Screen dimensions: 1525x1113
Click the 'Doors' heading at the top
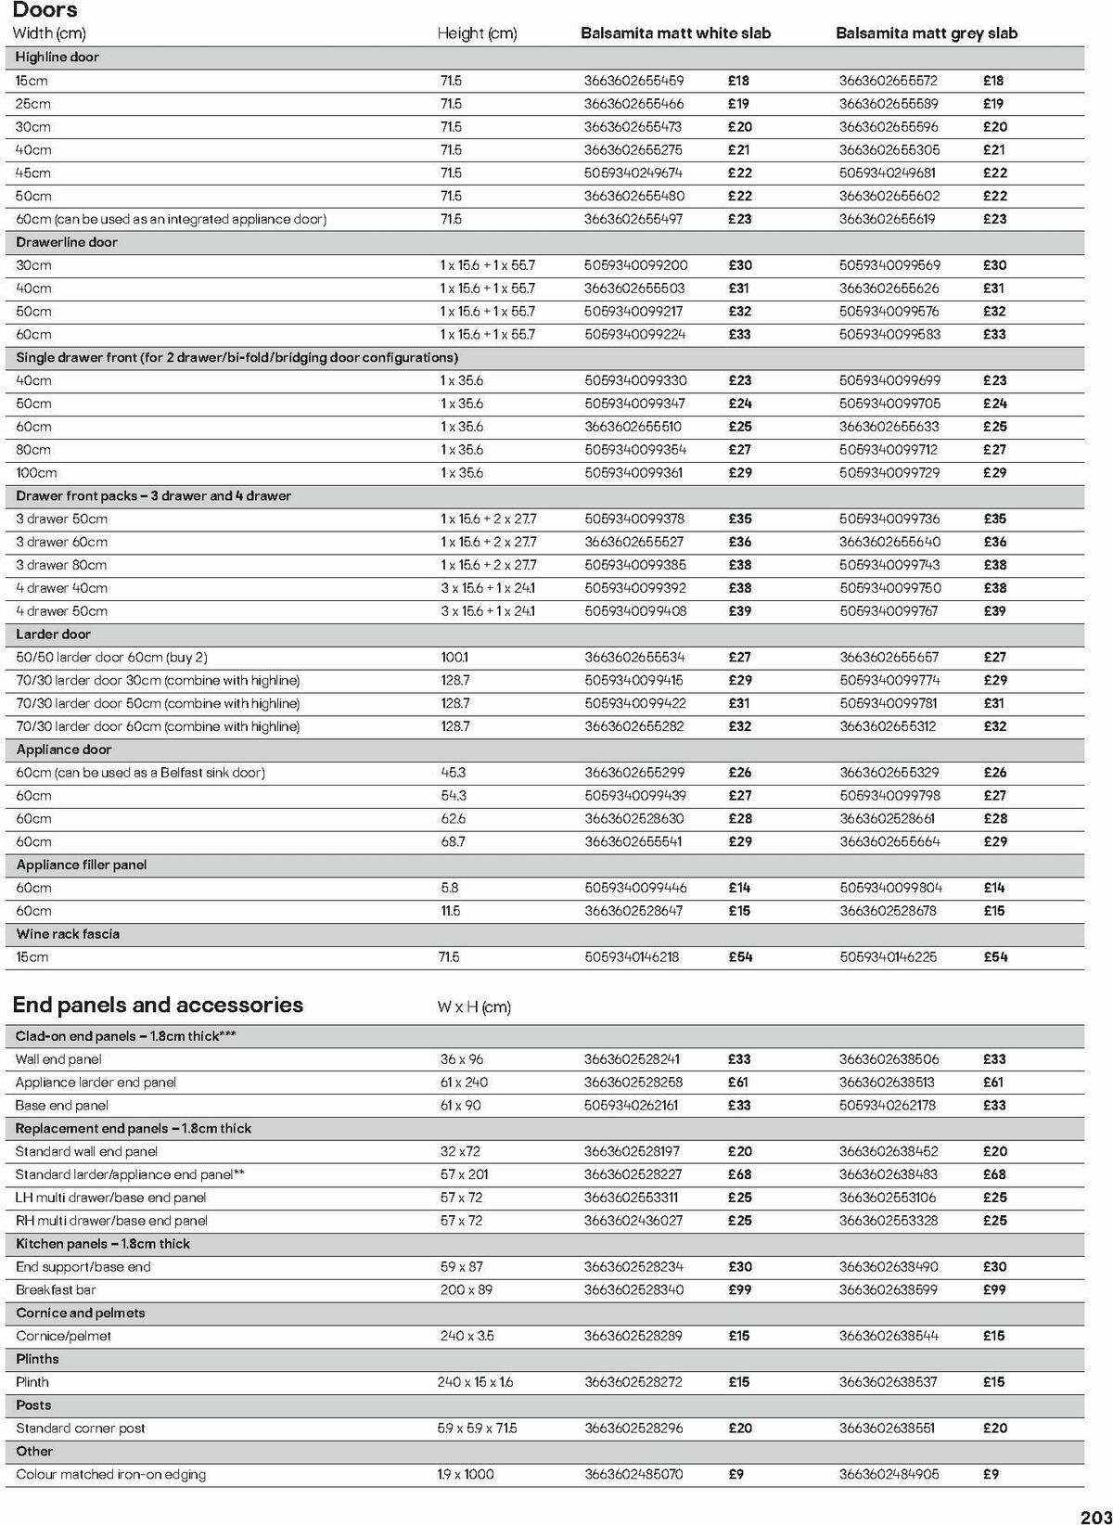(x=45, y=10)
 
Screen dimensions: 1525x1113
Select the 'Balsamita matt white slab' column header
(x=675, y=33)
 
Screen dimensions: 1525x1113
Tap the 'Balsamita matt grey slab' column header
(x=926, y=33)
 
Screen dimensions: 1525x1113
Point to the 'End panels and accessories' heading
(x=158, y=1005)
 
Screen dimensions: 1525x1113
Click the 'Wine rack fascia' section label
(x=68, y=934)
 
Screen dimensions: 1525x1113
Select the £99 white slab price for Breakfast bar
(x=739, y=1289)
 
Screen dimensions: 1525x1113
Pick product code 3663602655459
(x=633, y=81)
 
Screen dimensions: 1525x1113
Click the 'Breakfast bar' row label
(x=56, y=1289)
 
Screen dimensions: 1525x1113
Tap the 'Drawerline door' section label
(x=67, y=242)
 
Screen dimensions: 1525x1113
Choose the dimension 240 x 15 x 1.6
(x=475, y=1381)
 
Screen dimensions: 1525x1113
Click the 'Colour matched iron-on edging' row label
(x=110, y=1474)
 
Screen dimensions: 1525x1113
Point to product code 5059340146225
(x=889, y=956)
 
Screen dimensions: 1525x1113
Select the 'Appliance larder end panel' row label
(x=96, y=1082)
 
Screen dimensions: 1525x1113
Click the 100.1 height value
(x=454, y=657)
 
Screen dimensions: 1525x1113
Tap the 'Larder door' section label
(x=53, y=634)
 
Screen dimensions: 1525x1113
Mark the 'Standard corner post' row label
(x=81, y=1428)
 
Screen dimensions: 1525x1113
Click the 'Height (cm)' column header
(x=477, y=33)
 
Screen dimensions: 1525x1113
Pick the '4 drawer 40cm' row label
(x=61, y=588)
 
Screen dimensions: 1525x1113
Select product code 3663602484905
(x=889, y=1474)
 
